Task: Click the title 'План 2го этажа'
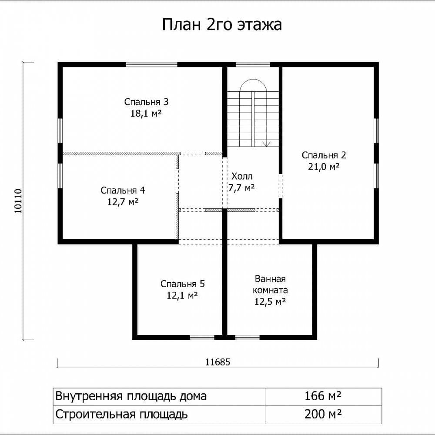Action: point(222,25)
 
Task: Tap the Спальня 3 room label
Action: point(146,102)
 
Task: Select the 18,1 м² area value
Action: point(146,113)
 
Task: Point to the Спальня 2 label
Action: point(324,155)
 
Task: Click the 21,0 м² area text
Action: point(324,167)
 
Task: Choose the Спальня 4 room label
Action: point(123,191)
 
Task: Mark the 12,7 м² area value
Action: point(123,202)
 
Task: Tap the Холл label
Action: point(242,176)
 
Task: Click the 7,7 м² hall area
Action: point(241,188)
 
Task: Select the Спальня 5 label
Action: point(183,284)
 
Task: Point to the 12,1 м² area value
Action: point(182,295)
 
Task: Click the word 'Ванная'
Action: point(270,278)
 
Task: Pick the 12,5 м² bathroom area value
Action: point(270,301)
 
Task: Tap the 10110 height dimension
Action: point(18,201)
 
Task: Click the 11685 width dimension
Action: point(218,362)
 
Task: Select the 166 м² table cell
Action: point(323,396)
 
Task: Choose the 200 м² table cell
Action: point(323,414)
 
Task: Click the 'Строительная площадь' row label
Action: point(121,415)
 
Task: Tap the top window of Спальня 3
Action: point(152,64)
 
